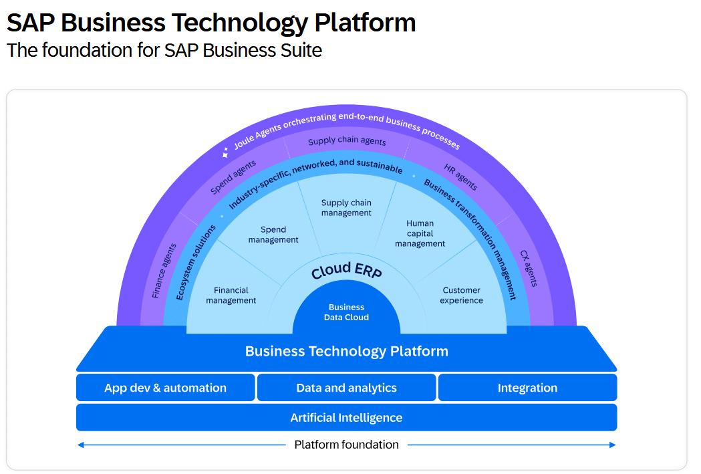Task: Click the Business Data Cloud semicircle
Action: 346,312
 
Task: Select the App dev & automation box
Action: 165,388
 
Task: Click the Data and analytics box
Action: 346,388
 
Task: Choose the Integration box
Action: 527,388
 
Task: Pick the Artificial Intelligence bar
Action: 346,418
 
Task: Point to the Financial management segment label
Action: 231,295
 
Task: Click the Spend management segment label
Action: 273,235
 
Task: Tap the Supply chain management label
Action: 346,208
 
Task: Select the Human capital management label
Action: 420,233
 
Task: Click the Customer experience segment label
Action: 461,295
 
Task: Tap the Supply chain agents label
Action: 347,141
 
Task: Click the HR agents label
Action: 460,176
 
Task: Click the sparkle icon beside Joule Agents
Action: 227,152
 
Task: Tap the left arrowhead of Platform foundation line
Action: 80,445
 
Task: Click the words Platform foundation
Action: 346,445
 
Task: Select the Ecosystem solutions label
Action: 196,261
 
